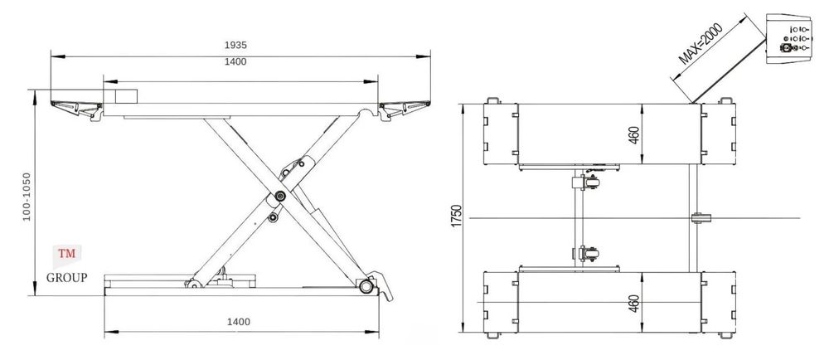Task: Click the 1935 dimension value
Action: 235,46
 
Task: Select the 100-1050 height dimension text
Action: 27,197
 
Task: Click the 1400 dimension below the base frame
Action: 239,321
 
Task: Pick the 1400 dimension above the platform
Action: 235,62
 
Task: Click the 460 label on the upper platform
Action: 634,134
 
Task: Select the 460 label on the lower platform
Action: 634,304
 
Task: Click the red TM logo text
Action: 67,253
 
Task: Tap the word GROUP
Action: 66,278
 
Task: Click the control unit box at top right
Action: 789,39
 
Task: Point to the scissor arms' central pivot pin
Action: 280,196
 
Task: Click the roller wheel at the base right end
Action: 366,286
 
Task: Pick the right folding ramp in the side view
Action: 404,109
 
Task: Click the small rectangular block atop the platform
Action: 127,96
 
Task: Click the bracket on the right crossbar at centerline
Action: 701,218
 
